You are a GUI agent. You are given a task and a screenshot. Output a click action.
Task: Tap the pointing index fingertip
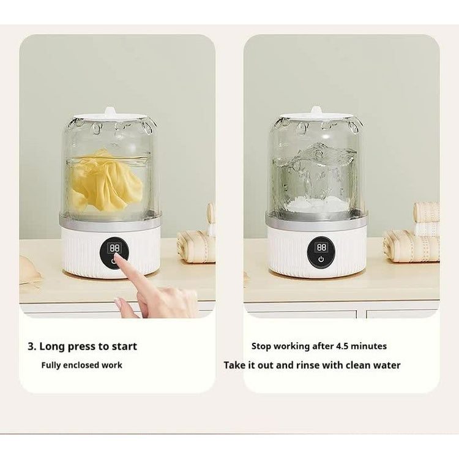[x=117, y=257]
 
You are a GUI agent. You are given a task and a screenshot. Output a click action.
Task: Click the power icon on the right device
[x=321, y=259]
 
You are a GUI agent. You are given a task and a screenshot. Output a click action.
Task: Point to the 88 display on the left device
[x=114, y=248]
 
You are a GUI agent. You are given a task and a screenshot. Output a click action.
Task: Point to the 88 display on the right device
[x=321, y=247]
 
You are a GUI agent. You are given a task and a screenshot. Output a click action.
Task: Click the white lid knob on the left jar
[x=110, y=111]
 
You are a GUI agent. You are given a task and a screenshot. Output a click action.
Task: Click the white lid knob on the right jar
[x=316, y=111]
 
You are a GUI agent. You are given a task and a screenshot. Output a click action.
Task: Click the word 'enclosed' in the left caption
[x=81, y=365]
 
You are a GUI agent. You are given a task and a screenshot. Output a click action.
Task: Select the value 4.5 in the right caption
[x=342, y=346]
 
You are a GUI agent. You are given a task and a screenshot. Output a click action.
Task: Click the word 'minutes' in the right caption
[x=368, y=346]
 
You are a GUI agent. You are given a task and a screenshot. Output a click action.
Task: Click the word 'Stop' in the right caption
[x=261, y=346]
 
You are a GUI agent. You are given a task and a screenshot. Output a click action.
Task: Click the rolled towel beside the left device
[x=196, y=246]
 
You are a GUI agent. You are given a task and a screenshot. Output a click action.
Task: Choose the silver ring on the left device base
[x=110, y=219]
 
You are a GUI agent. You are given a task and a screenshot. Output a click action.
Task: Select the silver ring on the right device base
[x=317, y=219]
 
